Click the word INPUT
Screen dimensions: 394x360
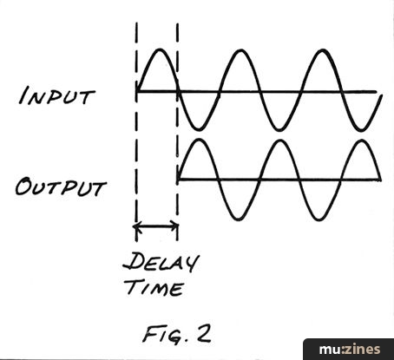56,95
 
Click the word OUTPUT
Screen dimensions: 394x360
61,187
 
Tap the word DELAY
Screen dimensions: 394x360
161,262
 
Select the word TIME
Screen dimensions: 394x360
155,287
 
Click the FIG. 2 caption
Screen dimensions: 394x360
177,334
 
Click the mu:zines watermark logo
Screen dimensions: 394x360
350,350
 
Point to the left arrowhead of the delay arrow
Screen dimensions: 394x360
136,226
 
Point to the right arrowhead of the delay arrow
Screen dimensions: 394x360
175,226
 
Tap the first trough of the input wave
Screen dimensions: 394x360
199,128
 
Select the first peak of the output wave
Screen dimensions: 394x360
199,140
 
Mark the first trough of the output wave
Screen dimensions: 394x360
239,219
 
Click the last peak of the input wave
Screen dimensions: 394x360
322,50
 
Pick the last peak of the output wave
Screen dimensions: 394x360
362,141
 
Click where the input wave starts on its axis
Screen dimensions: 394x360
137,91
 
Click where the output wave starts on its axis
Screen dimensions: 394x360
178,180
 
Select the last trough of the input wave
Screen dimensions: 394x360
360,130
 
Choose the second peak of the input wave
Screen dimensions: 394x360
240,50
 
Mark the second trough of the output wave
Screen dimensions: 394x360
319,219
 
